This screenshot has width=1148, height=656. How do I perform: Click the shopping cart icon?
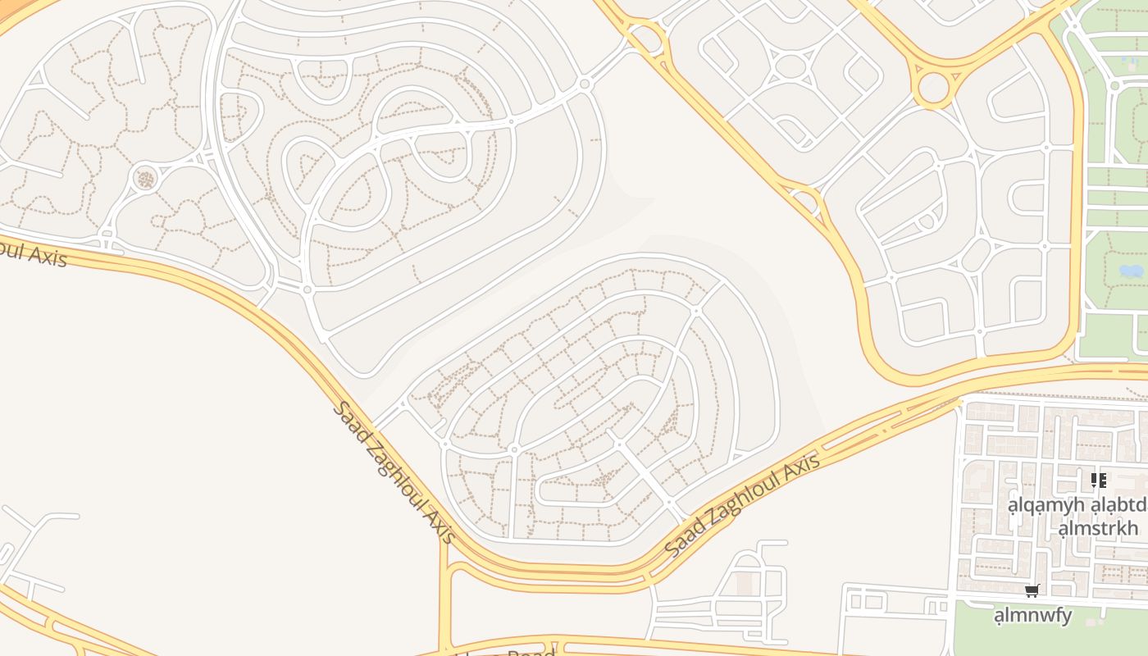tap(1032, 590)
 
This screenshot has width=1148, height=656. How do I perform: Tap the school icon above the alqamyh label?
tap(1098, 480)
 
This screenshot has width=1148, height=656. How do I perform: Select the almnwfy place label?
tap(1032, 615)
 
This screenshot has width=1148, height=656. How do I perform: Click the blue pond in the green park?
tap(1131, 271)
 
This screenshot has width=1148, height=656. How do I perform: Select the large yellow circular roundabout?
tap(933, 88)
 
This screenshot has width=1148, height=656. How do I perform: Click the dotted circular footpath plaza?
tap(145, 177)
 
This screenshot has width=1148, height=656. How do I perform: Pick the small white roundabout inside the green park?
tap(1114, 85)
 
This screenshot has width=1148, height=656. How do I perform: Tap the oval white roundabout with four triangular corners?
tap(789, 66)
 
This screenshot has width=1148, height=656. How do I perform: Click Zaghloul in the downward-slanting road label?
tap(399, 474)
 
